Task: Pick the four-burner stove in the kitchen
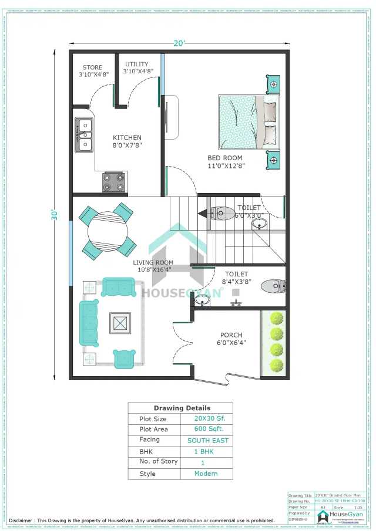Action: (x=114, y=182)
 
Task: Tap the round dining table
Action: (x=108, y=231)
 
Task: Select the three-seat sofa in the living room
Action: (x=90, y=322)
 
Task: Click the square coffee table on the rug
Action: (x=120, y=323)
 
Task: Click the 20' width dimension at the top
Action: (x=180, y=43)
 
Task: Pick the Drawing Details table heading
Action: (x=182, y=408)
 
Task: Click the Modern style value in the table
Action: (x=206, y=473)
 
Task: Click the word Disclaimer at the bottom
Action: (x=26, y=520)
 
